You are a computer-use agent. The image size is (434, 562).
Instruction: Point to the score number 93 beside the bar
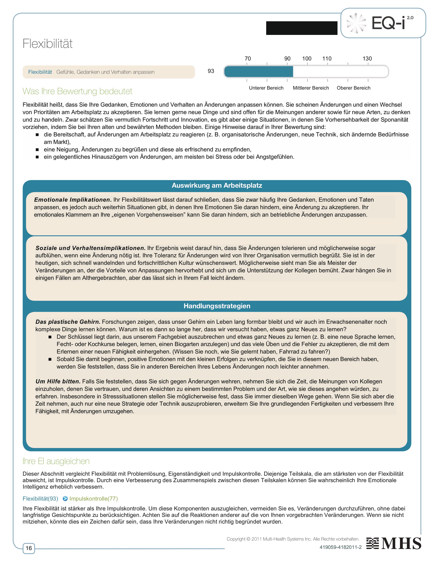211,71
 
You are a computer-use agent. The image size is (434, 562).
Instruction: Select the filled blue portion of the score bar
258,72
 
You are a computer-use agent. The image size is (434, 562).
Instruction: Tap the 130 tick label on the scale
367,59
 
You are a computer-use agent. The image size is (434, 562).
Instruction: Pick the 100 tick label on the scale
307,59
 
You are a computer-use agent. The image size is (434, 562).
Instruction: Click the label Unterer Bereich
266,88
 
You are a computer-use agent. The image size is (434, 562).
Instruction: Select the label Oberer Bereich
353,88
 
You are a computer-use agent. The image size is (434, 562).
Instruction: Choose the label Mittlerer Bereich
311,88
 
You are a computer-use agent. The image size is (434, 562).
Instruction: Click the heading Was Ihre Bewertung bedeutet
77,91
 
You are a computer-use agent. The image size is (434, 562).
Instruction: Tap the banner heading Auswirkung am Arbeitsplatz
217,185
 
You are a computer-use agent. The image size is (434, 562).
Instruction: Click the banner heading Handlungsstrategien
217,306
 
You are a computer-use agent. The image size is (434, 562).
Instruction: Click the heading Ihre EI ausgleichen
56,461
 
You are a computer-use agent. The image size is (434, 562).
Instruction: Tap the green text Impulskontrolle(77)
93,499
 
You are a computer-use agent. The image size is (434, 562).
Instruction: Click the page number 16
29,548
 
